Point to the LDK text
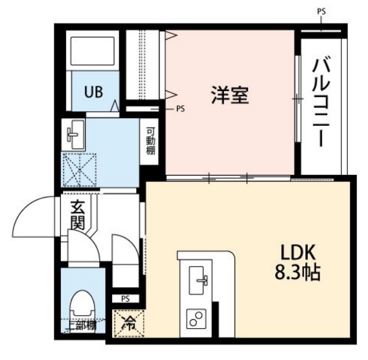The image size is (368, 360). [x=300, y=253]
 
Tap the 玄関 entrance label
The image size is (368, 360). [x=77, y=216]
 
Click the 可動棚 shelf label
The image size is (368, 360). [x=151, y=142]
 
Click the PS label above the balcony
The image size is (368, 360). [x=321, y=11]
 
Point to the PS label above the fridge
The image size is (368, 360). [x=125, y=299]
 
